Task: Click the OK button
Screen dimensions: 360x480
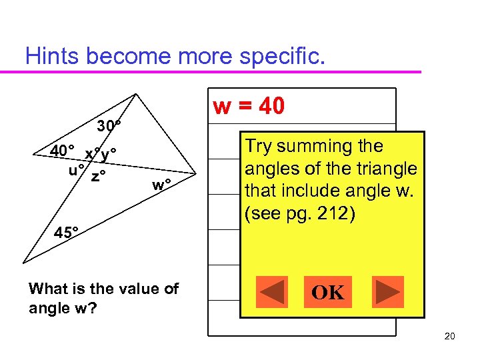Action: coord(329,292)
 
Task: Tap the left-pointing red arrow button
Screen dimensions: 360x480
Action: coord(271,292)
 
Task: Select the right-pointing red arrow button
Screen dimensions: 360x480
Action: coord(387,292)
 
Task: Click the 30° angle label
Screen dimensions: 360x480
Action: coord(109,126)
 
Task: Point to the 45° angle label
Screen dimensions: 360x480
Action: coord(67,233)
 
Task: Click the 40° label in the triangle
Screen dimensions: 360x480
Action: coord(63,151)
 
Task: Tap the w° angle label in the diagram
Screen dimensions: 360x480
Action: coord(162,184)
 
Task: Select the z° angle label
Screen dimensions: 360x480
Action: coord(100,176)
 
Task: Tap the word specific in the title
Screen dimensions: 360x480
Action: coord(284,56)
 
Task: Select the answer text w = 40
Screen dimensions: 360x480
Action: coord(248,106)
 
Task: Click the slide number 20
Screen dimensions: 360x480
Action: coord(449,336)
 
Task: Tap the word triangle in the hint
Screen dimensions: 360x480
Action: coord(387,169)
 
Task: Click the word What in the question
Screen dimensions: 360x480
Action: coord(50,289)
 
